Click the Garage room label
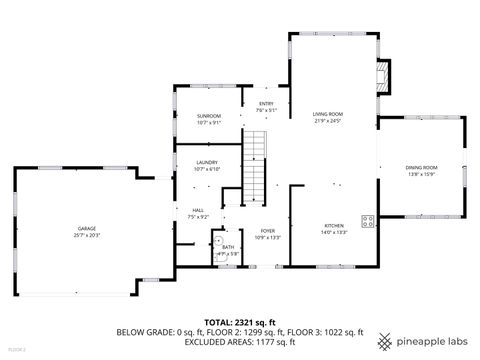(74, 228)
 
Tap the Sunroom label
(207, 116)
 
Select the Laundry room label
(207, 162)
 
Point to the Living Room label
(327, 115)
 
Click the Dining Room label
(421, 167)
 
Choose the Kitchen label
(333, 226)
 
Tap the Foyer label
(268, 231)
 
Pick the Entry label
(266, 103)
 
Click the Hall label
(198, 210)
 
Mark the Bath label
(228, 247)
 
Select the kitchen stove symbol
(367, 221)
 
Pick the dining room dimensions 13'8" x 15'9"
(421, 174)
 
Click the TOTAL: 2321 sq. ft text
(240, 321)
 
